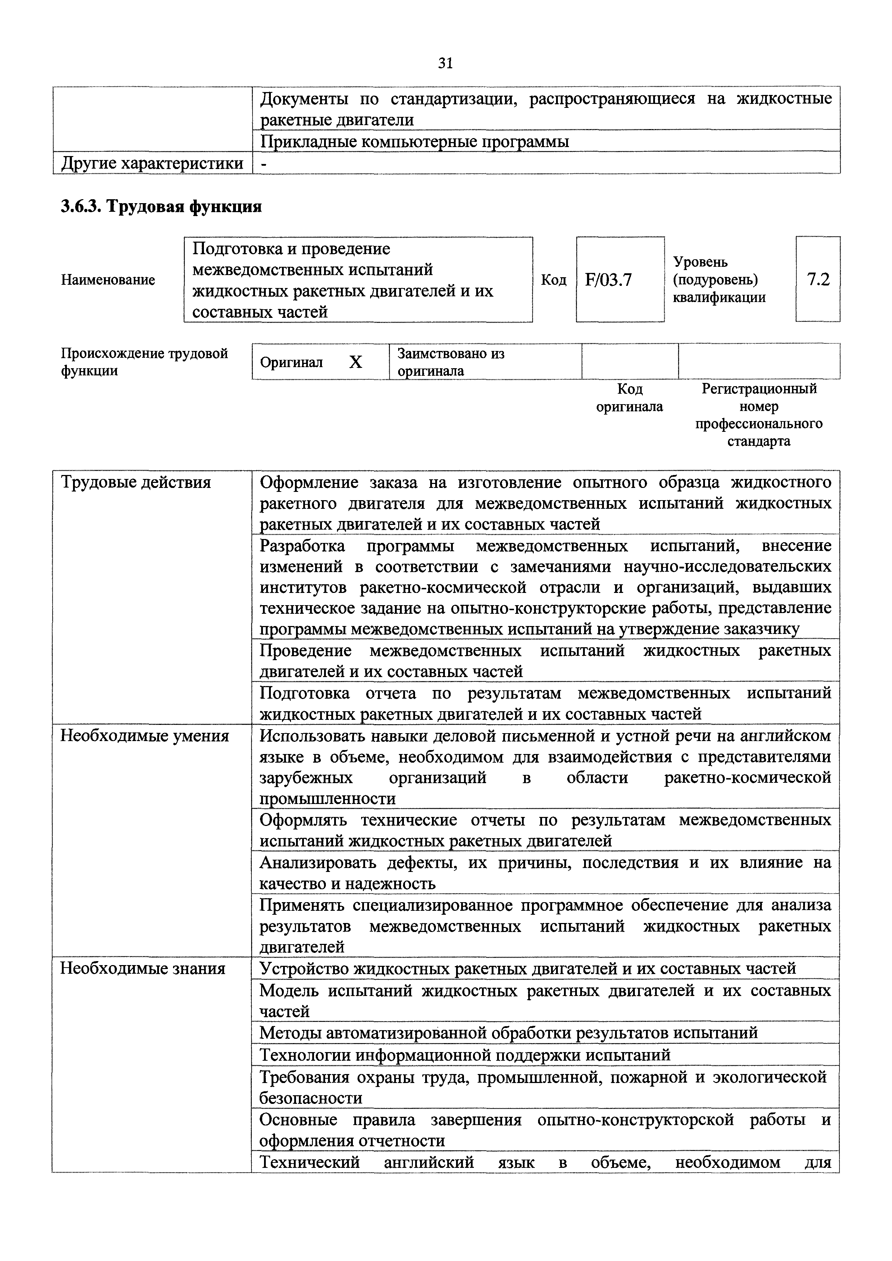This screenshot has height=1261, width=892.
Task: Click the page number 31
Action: (x=445, y=64)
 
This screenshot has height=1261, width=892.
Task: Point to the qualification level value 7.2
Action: (x=818, y=280)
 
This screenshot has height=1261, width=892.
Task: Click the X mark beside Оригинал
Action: (x=356, y=362)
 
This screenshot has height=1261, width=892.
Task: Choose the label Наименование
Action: (x=108, y=280)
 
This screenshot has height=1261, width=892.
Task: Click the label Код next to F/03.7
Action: (x=554, y=280)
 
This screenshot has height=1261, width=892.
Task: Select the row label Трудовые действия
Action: (x=136, y=483)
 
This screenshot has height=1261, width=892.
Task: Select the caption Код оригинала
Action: (x=629, y=398)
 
